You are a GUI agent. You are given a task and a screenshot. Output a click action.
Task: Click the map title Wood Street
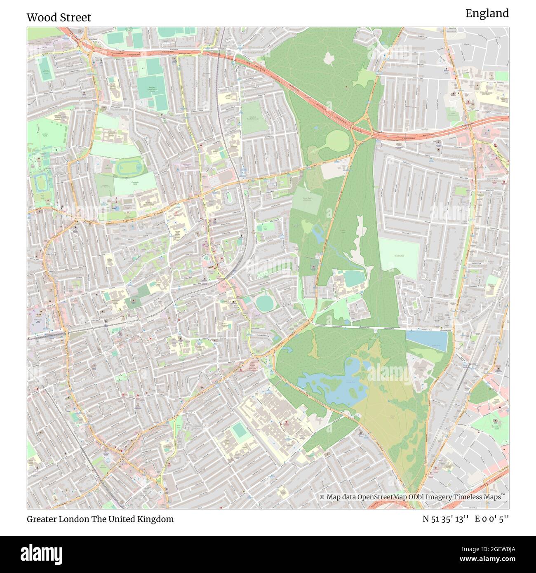(x=59, y=17)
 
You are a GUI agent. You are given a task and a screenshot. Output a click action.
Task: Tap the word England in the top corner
(x=487, y=14)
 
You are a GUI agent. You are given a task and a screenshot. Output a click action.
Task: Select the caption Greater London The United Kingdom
(x=100, y=519)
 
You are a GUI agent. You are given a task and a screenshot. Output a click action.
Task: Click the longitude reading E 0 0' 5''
(x=492, y=519)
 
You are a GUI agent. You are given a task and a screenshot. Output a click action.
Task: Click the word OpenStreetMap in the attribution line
(x=381, y=497)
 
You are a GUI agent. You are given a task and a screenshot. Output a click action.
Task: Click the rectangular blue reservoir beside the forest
(x=426, y=341)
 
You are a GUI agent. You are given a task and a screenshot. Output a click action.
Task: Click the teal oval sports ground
(x=265, y=303)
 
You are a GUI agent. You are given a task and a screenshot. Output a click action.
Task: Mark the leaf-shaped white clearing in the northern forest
(x=329, y=59)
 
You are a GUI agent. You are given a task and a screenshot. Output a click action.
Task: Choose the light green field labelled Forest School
(x=399, y=254)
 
